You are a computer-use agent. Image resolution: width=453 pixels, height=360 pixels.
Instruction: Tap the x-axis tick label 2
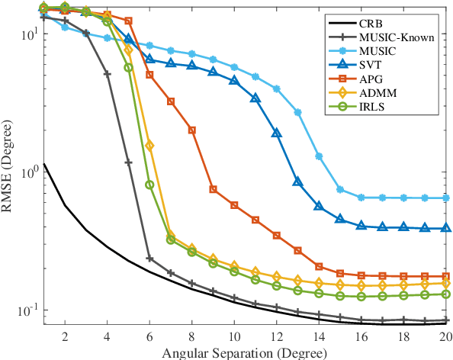point(65,336)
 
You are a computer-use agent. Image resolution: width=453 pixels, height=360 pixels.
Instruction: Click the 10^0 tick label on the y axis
point(27,172)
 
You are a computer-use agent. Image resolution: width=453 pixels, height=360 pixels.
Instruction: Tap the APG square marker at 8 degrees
point(192,130)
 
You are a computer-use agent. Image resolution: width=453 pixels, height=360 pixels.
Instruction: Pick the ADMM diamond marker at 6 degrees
point(149,145)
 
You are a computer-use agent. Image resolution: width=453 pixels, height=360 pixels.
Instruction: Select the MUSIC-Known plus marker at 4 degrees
point(107,74)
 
